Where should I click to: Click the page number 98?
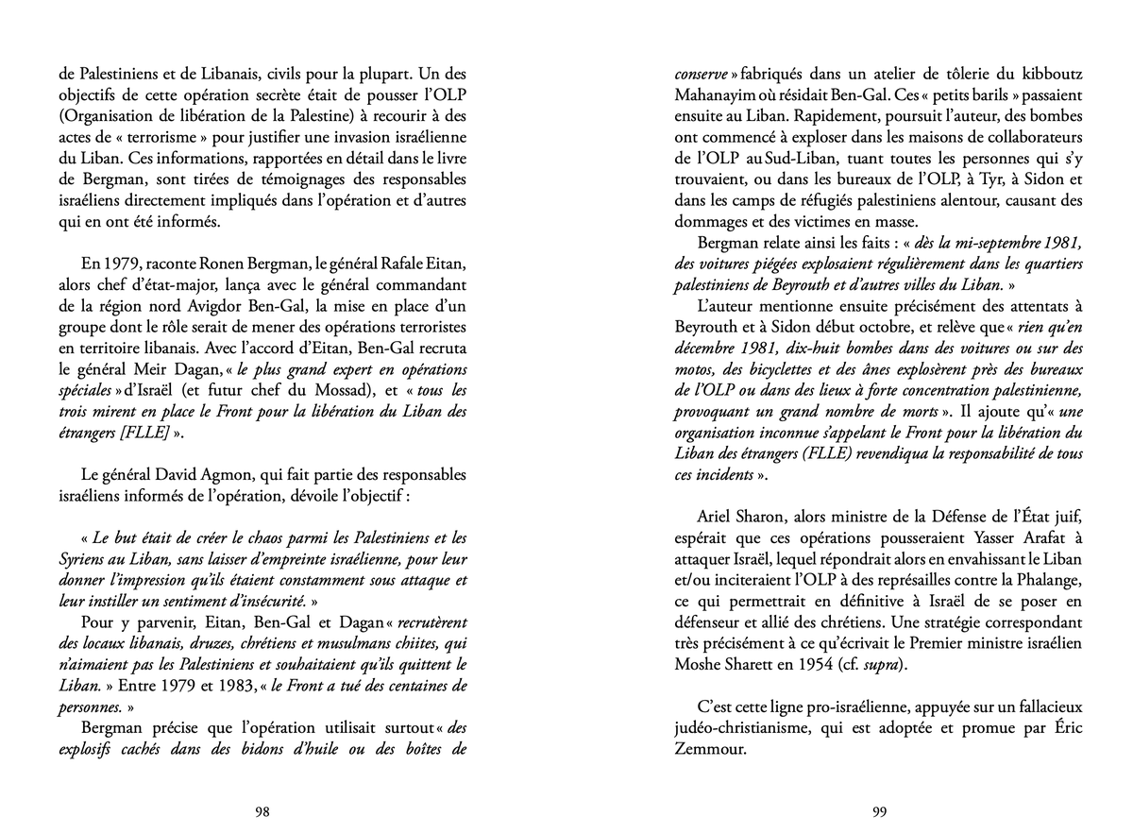[263, 810]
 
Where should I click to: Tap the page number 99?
[878, 810]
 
